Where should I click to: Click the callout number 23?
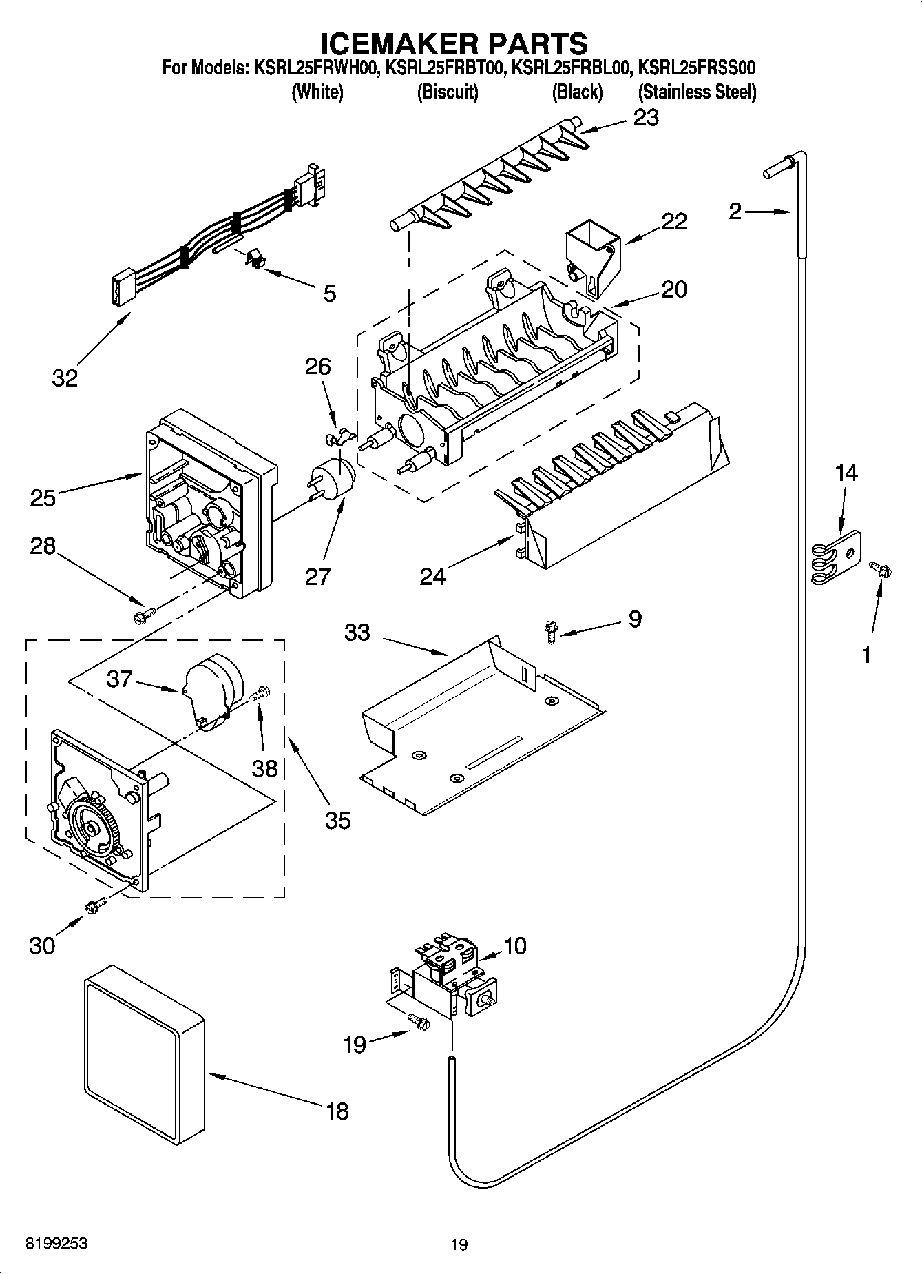tap(646, 118)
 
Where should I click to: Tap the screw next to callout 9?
tap(550, 630)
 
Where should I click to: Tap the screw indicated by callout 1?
tap(879, 569)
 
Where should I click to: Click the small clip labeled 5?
tap(256, 260)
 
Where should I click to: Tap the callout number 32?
tap(65, 378)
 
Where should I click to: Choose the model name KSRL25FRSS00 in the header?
tap(697, 68)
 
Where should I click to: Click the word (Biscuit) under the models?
tap(448, 92)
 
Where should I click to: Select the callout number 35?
tap(338, 820)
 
